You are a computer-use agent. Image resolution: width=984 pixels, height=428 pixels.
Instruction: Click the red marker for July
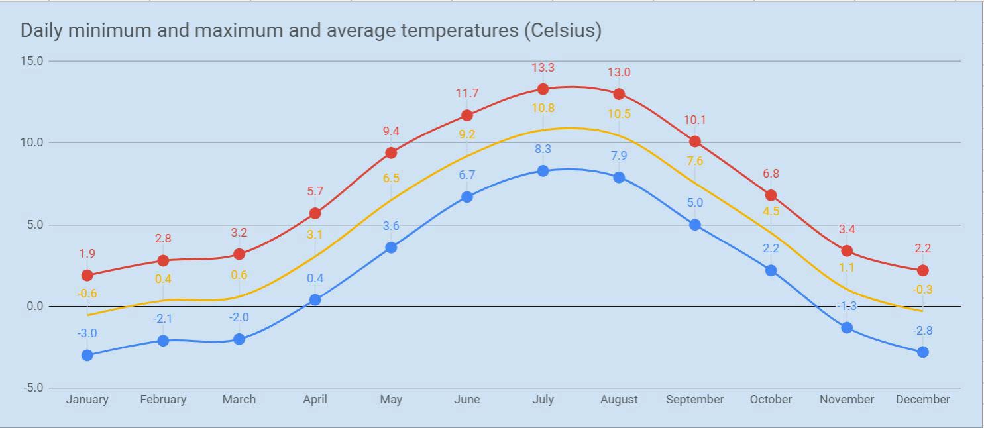543,89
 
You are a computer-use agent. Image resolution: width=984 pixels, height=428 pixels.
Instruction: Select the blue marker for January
87,355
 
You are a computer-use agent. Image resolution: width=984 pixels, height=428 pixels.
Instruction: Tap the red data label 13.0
619,72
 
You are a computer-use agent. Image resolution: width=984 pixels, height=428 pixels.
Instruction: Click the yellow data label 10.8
543,107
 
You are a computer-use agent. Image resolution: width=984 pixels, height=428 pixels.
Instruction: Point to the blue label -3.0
87,333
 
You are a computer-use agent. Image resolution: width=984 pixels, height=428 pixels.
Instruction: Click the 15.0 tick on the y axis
32,61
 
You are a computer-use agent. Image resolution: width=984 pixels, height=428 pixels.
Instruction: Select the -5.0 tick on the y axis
32,388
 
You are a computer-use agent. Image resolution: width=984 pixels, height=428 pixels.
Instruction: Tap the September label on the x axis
694,400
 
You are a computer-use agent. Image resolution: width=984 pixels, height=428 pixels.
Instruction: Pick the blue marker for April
315,299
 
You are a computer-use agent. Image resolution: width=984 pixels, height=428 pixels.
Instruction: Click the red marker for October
771,195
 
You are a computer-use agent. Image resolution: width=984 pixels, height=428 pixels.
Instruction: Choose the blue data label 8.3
543,149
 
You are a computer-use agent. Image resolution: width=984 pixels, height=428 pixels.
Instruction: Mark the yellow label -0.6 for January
87,294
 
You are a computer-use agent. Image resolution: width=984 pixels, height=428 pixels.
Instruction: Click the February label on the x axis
163,400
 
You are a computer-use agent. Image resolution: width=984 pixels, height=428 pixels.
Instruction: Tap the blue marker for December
922,352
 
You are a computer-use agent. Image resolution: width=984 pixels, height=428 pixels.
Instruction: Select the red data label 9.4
391,131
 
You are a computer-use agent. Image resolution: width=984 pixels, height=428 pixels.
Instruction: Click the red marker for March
239,254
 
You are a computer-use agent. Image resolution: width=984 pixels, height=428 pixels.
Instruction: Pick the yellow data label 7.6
694,161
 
